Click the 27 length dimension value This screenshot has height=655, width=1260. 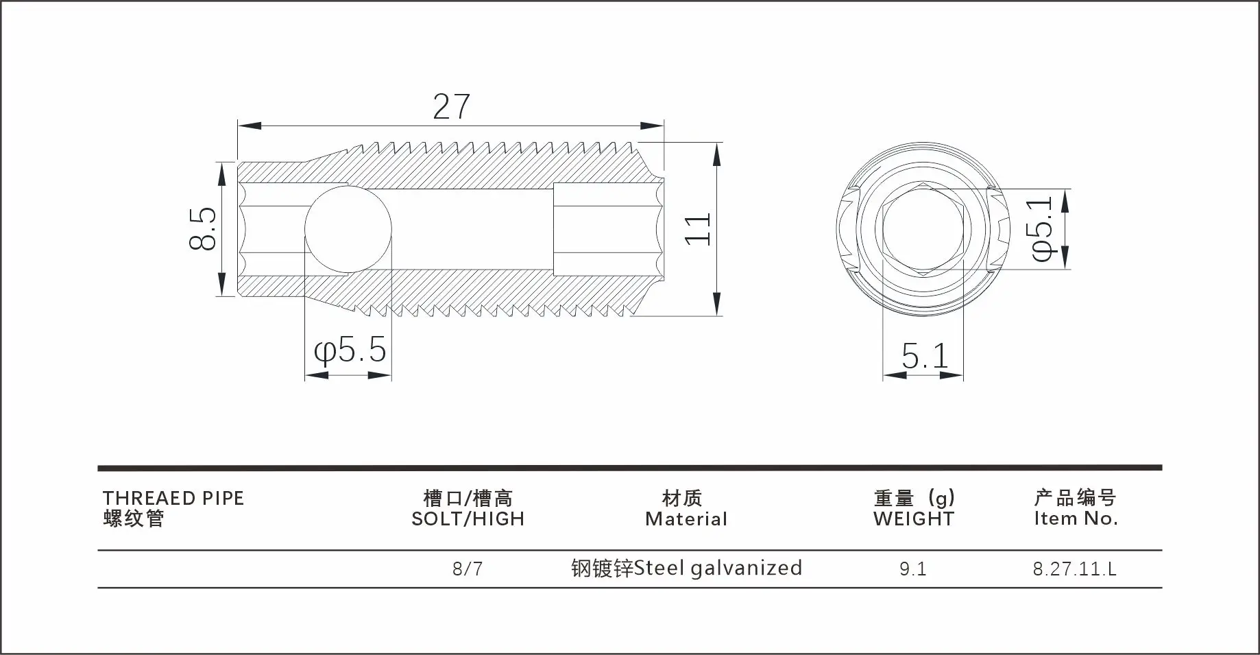[451, 107]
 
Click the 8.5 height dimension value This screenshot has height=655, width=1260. [204, 229]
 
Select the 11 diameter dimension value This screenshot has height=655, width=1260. [699, 228]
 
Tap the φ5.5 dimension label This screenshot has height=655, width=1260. [350, 350]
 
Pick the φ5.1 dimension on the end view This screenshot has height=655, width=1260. [1040, 228]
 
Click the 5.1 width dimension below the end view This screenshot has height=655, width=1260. [924, 355]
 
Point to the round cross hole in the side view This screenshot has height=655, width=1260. [348, 229]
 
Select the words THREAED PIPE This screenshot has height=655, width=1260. [173, 498]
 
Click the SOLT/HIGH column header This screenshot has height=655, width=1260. [468, 519]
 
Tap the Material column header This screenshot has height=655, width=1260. [686, 519]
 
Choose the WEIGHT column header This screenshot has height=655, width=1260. [913, 519]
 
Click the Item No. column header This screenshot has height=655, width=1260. [1076, 519]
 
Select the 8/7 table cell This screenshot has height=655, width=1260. [468, 569]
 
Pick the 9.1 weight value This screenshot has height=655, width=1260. [912, 569]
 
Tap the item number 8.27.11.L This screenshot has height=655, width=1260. [1074, 569]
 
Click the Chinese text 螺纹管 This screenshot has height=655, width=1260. [134, 519]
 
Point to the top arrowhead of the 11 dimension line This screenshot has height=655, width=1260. [717, 154]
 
